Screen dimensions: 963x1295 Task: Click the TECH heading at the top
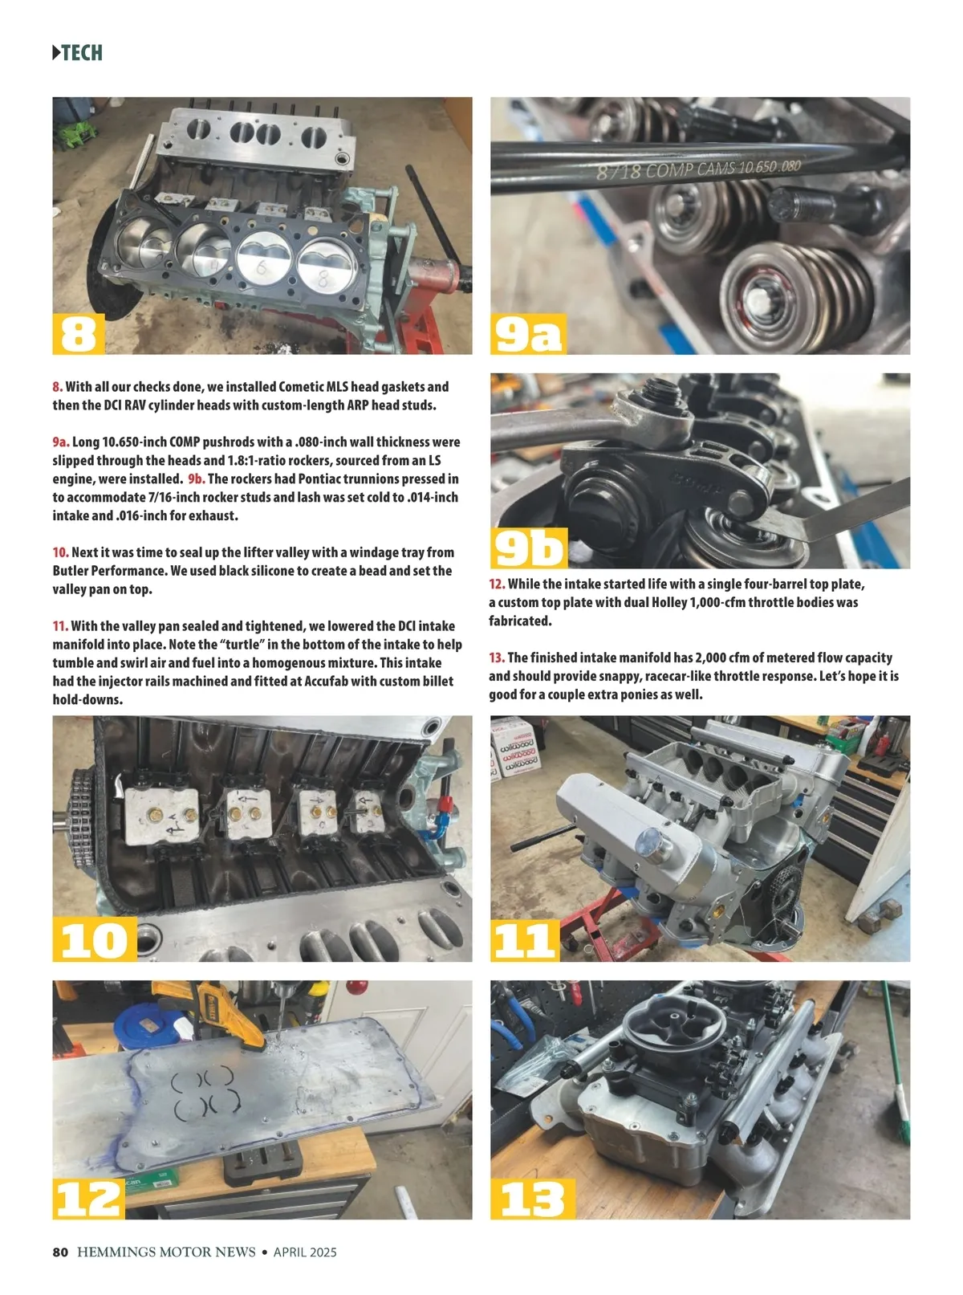[77, 52]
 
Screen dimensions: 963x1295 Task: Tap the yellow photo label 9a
[528, 333]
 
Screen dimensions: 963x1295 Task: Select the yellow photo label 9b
[529, 548]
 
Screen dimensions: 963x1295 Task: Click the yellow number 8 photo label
[78, 333]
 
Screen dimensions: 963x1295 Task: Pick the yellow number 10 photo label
[95, 939]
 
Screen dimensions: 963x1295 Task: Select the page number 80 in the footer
[60, 1252]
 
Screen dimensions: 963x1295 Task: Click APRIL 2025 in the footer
[305, 1252]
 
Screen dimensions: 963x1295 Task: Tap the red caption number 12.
[497, 584]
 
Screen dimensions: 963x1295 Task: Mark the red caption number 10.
[61, 552]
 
